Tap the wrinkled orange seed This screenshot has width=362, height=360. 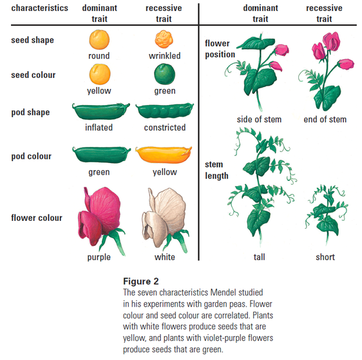click(164, 39)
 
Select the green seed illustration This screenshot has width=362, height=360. click(165, 74)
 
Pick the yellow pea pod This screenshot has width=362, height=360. click(164, 155)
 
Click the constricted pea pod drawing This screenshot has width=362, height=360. click(165, 111)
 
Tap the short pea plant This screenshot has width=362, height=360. click(327, 214)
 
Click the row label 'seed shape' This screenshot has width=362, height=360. click(33, 40)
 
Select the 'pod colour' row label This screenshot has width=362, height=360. click(32, 156)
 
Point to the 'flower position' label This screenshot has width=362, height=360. click(220, 49)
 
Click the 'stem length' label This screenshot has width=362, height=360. click(216, 170)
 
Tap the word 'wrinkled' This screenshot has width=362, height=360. click(165, 55)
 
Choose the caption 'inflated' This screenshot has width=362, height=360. click(99, 128)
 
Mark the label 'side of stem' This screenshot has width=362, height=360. click(259, 119)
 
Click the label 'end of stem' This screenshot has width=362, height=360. click(325, 119)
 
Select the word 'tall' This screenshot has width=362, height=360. click(260, 257)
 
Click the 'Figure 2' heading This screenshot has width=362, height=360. click(141, 281)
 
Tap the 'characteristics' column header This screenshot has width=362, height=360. click(40, 8)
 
